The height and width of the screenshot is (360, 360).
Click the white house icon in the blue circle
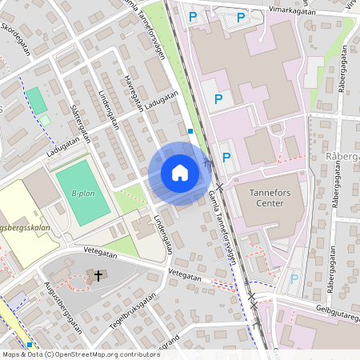pyautogui.click(x=179, y=173)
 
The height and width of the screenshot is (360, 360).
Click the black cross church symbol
pyautogui.click(x=98, y=276)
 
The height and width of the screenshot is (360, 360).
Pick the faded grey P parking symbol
pyautogui.click(x=294, y=278)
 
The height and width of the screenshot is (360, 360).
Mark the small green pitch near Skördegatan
pyautogui.click(x=36, y=100)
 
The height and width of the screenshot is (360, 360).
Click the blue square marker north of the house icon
pyautogui.click(x=190, y=131)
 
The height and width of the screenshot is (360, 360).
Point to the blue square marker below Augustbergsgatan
pyautogui.click(x=30, y=345)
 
